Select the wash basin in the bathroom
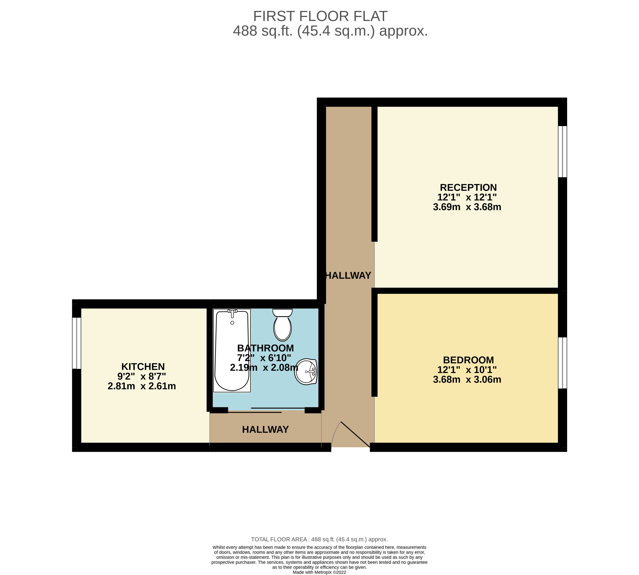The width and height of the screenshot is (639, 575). pos(306,371)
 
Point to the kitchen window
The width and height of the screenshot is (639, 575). pos(77,343)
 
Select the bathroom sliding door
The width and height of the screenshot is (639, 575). pos(266,410)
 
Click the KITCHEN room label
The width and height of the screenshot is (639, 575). pos(143,367)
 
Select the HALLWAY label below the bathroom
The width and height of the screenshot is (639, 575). pos(265,429)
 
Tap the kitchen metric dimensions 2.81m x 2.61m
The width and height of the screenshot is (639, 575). pos(142,386)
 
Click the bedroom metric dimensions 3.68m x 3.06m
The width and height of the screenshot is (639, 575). pos(467,380)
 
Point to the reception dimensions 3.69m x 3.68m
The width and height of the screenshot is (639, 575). pos(467,207)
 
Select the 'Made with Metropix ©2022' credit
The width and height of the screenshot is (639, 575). pos(320,572)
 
